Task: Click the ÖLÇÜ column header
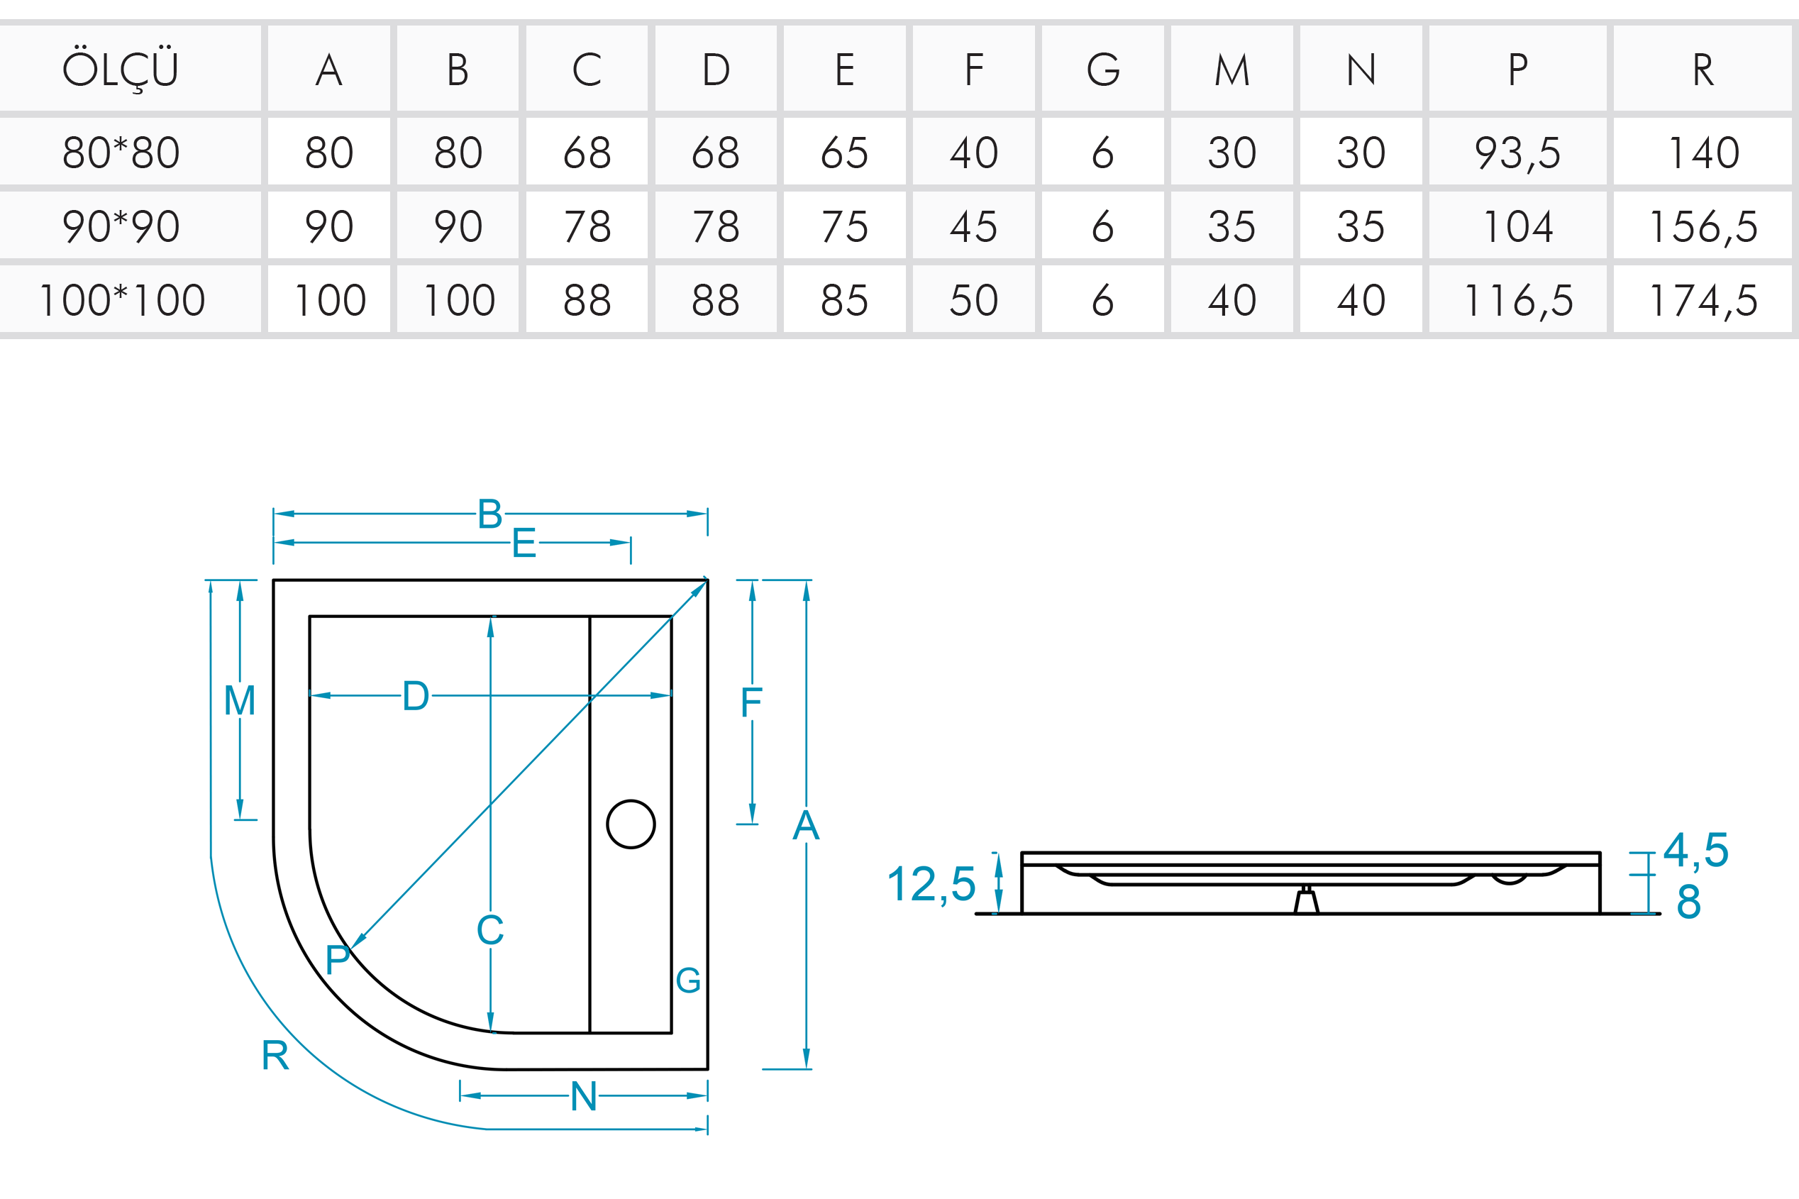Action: coord(121,70)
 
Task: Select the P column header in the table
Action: coord(1517,70)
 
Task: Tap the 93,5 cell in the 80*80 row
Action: coord(1517,152)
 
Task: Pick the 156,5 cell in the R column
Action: coord(1703,226)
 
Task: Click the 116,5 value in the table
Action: coord(1517,299)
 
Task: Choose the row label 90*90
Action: coord(121,226)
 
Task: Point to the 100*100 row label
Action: coord(121,299)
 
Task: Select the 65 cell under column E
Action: coord(844,152)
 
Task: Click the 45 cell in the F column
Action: coord(973,226)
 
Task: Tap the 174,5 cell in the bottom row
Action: coord(1703,299)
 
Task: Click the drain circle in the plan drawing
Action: coord(631,824)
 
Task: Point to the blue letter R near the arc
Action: coord(275,1056)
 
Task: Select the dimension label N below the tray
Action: coord(583,1095)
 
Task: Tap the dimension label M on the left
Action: coord(239,700)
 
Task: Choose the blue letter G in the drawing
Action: coord(688,980)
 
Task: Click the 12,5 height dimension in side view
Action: coord(931,884)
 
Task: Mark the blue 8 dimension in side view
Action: coord(1689,902)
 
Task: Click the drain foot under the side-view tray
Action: coord(1306,902)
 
